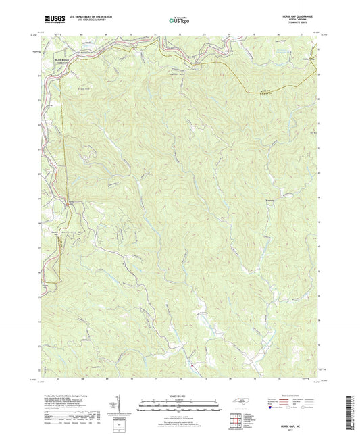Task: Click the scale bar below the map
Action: [179, 403]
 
